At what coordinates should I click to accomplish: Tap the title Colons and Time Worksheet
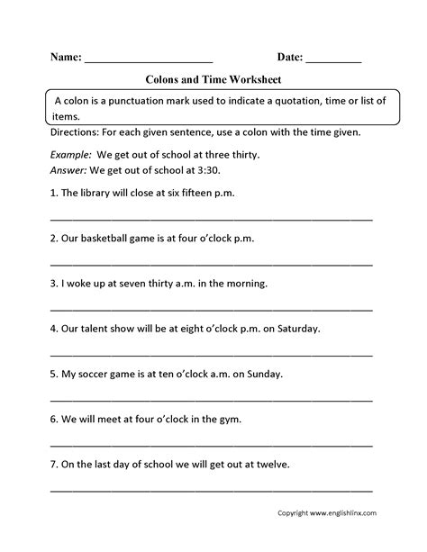point(213,78)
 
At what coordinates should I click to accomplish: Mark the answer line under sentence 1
point(212,217)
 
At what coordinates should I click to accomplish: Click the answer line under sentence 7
point(212,490)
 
